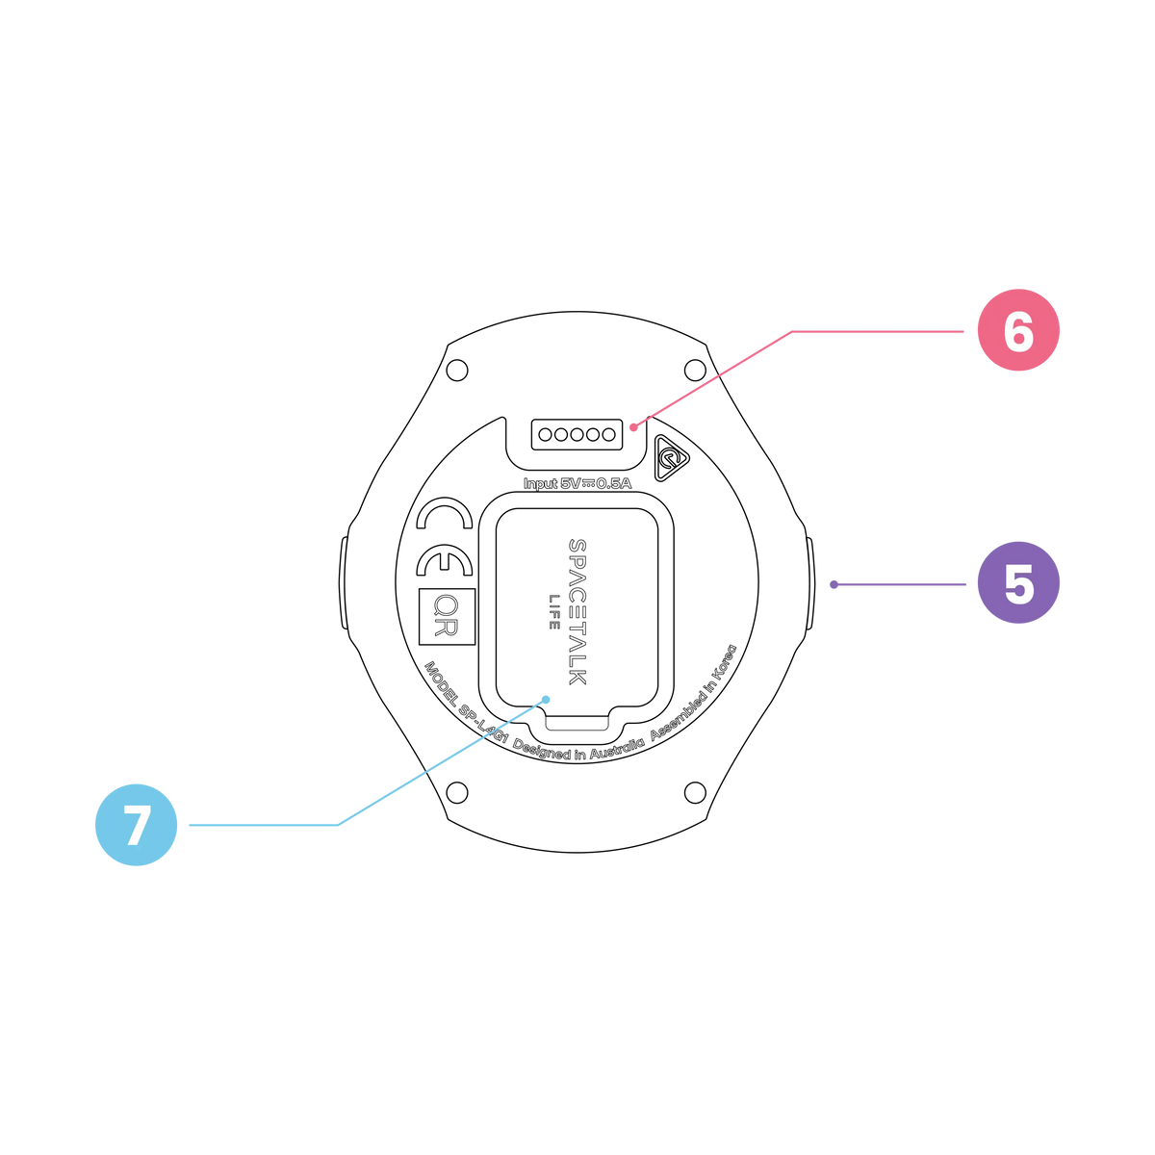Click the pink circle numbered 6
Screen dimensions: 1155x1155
1018,330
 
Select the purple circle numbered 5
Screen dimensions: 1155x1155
1018,583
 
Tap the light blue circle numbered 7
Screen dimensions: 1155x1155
136,825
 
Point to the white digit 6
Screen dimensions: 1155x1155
1018,331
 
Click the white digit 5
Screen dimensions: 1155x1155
1018,584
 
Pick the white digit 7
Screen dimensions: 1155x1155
137,826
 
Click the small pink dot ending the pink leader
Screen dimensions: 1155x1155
632,427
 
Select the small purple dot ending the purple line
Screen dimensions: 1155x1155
834,584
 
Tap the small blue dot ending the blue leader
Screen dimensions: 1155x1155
546,700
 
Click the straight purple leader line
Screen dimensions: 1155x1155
900,584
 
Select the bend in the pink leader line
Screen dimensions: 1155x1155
791,331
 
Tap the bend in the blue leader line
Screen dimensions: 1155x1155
339,825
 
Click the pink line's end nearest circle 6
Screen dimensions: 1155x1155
963,331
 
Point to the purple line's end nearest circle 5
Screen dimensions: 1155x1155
965,584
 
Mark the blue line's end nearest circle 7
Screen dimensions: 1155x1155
189,825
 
